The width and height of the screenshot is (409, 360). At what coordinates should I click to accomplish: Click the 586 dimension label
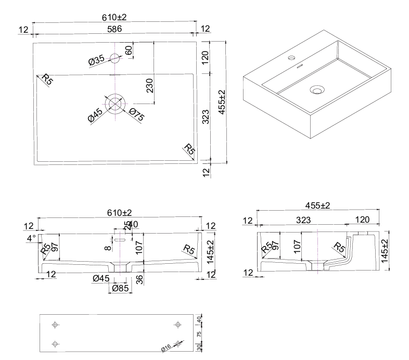point(114,30)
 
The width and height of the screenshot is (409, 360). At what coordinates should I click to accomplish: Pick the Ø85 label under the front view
point(120,288)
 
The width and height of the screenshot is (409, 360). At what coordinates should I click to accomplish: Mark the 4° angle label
point(31,238)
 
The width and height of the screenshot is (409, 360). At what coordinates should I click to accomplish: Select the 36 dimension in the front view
point(139,279)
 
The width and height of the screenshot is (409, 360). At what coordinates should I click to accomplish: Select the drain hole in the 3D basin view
point(316,90)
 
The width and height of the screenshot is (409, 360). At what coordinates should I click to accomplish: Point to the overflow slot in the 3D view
point(300,66)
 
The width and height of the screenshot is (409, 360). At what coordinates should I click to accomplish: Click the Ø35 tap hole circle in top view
point(115,58)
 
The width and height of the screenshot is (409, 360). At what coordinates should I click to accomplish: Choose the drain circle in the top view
point(115,102)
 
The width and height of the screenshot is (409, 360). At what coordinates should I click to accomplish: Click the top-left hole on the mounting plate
point(55,325)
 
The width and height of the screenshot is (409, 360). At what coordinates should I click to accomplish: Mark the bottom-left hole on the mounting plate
point(56,343)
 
